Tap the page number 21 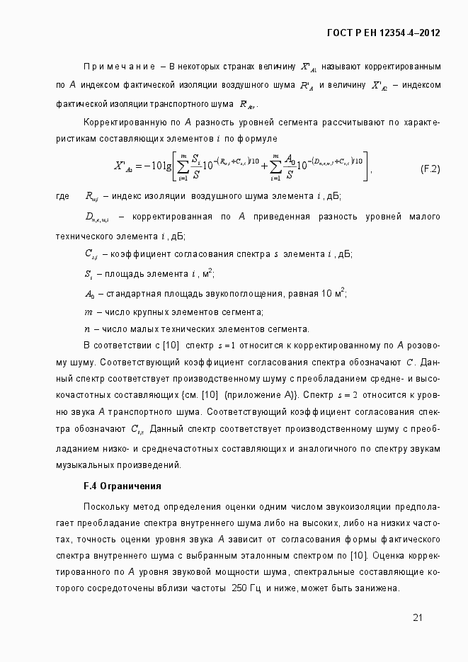pyautogui.click(x=418, y=617)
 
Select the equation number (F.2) pyautogui.click(x=430, y=169)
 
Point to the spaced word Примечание pyautogui.click(x=119, y=67)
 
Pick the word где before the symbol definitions pyautogui.click(x=62, y=196)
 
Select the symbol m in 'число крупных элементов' pyautogui.click(x=88, y=312)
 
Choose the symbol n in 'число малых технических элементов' pyautogui.click(x=87, y=329)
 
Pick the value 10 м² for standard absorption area pyautogui.click(x=330, y=293)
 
